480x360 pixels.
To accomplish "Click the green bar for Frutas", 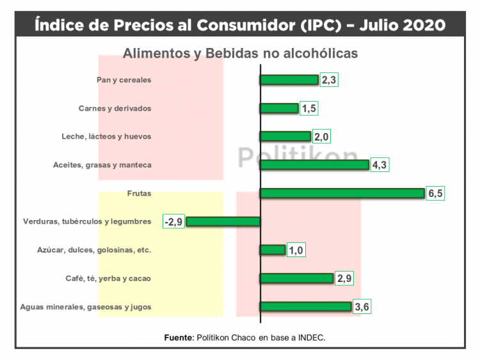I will (342, 193).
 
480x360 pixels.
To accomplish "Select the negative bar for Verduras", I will (223, 221).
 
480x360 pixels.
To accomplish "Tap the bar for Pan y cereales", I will (289, 80).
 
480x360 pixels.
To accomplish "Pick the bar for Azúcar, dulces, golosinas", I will (273, 250).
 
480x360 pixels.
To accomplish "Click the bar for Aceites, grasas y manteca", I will (314, 165).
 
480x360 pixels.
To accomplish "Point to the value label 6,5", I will (435, 194).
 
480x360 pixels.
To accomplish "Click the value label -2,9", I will (173, 222).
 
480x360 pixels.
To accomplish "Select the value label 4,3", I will (380, 165).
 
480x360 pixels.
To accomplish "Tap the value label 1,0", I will (296, 250).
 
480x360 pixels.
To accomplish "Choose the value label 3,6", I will (362, 307).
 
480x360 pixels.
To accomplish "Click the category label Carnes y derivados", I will (115, 109).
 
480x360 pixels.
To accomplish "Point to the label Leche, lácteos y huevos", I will (106, 137).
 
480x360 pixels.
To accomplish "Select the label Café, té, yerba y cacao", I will (108, 279).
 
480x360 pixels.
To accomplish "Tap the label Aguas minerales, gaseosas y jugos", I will (86, 307).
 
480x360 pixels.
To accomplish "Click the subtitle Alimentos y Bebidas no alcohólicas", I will (240, 53).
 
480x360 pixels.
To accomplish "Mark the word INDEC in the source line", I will (312, 337).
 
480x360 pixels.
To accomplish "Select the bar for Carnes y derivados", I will (279, 109).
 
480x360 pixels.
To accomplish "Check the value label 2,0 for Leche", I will (321, 137).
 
